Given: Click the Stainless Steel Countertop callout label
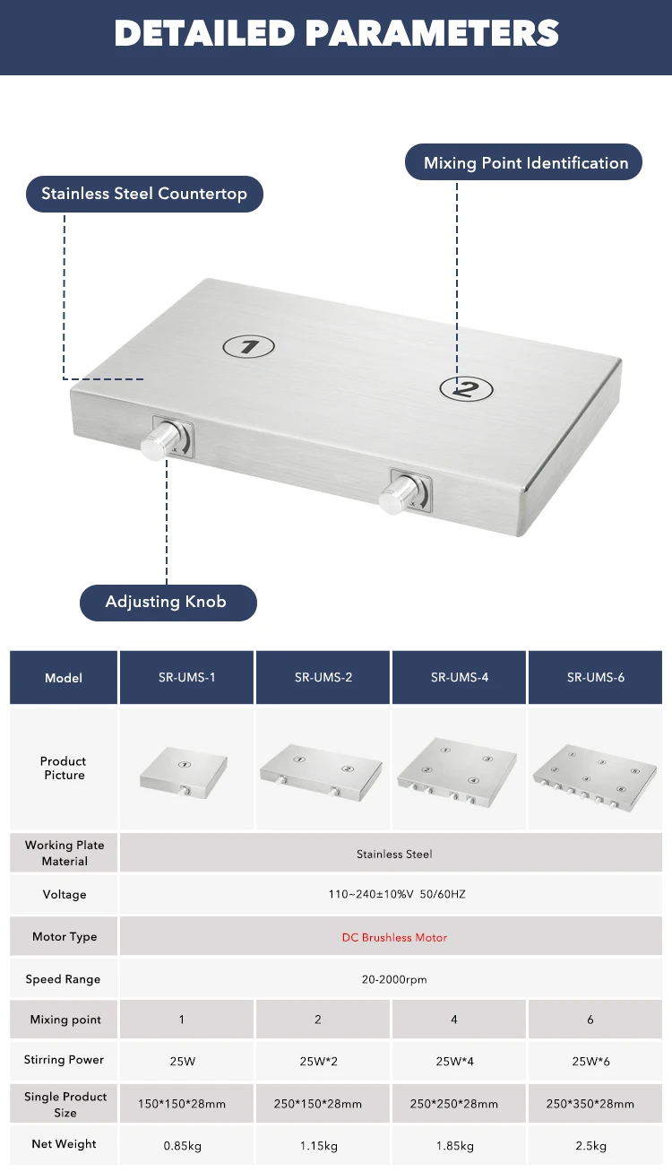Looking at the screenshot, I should pos(144,194).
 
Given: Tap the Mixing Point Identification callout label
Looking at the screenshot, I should pos(526,163).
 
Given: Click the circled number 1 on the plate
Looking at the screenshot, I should pos(249,346).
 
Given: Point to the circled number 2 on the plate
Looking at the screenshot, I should pos(466,388).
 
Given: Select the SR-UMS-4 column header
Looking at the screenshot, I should pos(460,677).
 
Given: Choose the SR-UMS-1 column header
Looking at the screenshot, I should pos(187,677).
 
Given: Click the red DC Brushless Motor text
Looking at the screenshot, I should pos(394,937).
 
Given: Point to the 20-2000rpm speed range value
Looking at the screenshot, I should pos(394,979).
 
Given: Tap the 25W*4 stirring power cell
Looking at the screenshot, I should pos(454,1061).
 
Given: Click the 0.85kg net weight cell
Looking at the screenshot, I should pos(183,1145).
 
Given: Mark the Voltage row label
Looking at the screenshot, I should pos(65,894).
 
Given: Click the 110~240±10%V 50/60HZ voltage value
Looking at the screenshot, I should pos(394,894).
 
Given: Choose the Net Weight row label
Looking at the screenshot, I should pos(65,1144).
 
